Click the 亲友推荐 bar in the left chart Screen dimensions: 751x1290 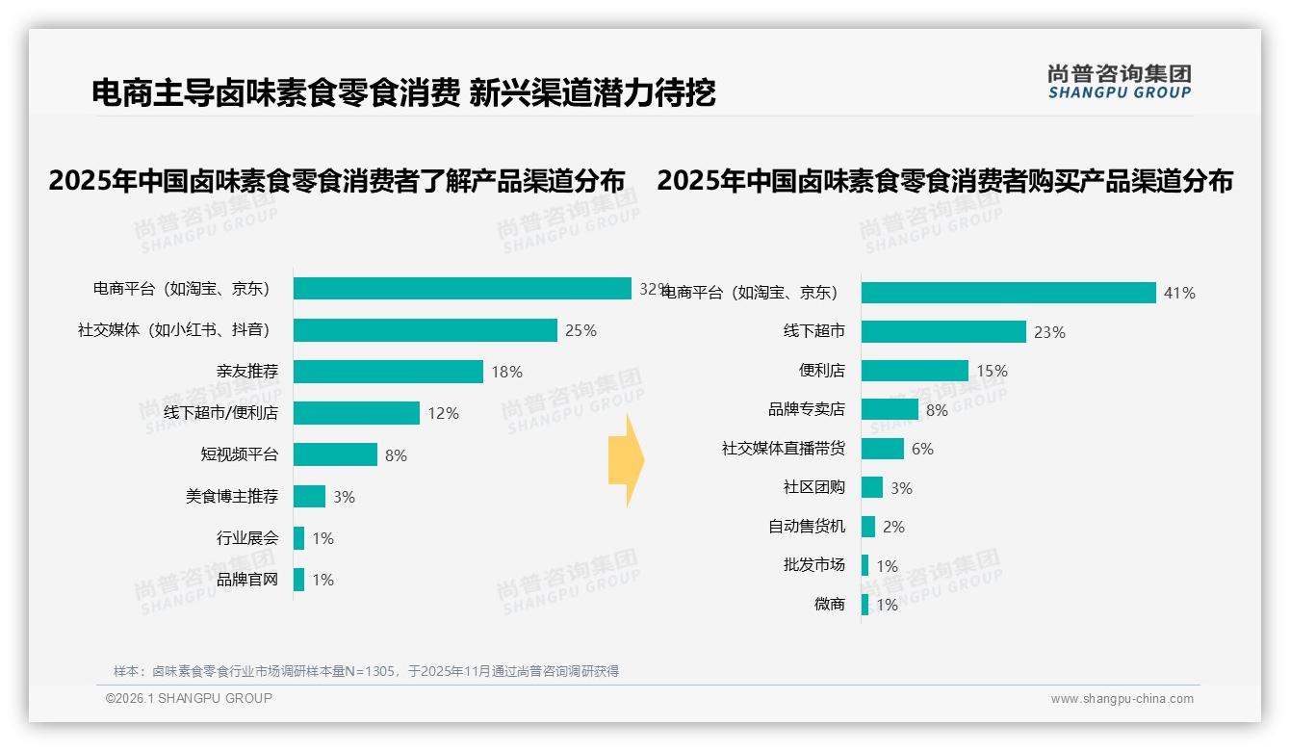[x=388, y=372]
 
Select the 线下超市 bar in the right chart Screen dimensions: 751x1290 [x=943, y=331]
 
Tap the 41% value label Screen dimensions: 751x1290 [x=1179, y=293]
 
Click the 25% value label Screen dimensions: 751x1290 [x=580, y=330]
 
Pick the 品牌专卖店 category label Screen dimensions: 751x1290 [x=806, y=409]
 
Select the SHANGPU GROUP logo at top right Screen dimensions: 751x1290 [x=1120, y=82]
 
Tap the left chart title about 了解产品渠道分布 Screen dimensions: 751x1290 [x=336, y=181]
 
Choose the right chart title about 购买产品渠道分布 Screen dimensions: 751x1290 [x=944, y=181]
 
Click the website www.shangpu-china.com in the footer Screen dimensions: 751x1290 [x=1122, y=699]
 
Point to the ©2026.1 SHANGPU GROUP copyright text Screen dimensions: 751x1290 [x=189, y=698]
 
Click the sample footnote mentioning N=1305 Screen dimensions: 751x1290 [x=366, y=671]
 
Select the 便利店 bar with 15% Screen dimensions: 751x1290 [x=915, y=371]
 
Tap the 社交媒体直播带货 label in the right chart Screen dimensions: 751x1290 [x=784, y=448]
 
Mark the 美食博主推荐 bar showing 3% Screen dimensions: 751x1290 [x=309, y=496]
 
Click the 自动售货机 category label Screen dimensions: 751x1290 [x=806, y=526]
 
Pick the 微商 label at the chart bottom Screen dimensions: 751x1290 [x=829, y=604]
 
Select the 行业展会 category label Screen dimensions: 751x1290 [x=246, y=537]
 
